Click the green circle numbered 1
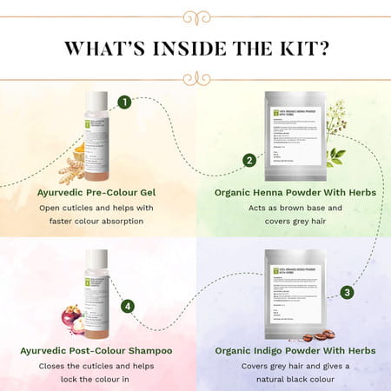click(x=124, y=103)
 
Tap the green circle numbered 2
click(x=249, y=160)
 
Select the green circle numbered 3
click(x=346, y=293)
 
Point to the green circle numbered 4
click(x=128, y=306)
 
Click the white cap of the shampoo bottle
click(x=96, y=255)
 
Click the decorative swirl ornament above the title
click(x=195, y=15)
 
